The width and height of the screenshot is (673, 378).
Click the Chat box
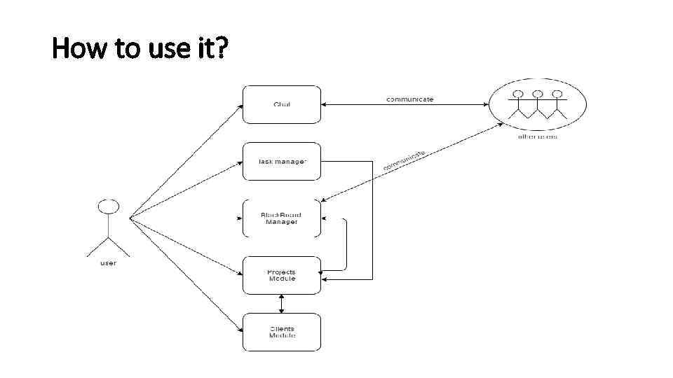281,105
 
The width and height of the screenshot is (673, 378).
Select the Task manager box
281,162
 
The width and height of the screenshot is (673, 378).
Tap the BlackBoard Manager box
281,218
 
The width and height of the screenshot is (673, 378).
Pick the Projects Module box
281,275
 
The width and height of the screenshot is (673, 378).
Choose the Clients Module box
281,332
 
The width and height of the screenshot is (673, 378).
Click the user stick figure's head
107,206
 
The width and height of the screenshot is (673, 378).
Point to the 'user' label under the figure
107,263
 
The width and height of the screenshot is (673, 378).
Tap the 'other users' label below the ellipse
538,136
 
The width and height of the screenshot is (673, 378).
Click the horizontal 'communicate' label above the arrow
410,99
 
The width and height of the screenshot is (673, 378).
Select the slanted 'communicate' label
405,160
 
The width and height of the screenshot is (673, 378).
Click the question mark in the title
222,49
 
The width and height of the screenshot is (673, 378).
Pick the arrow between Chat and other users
405,106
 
